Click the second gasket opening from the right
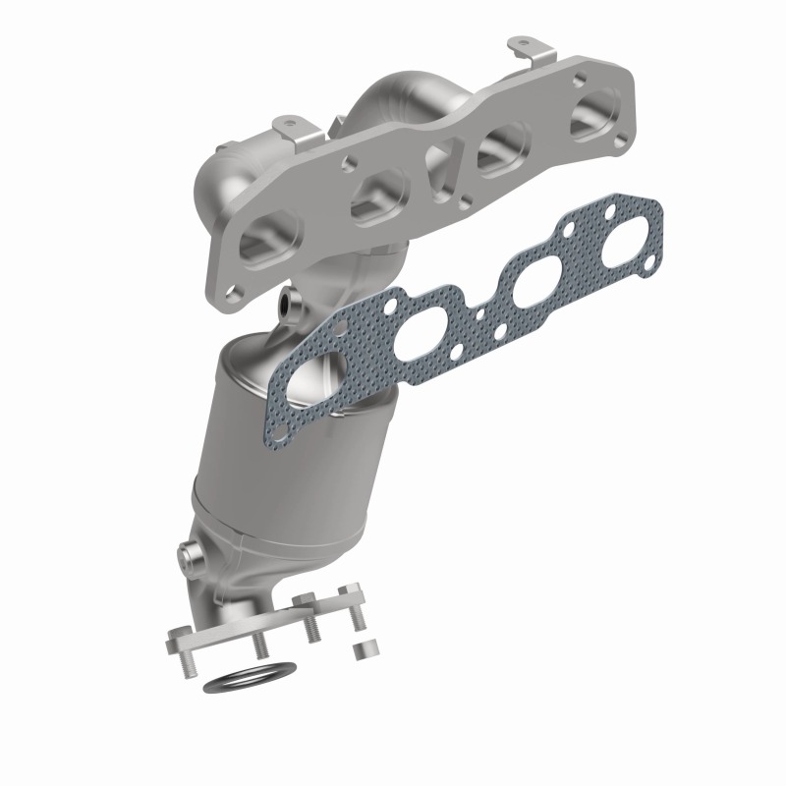(x=532, y=286)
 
